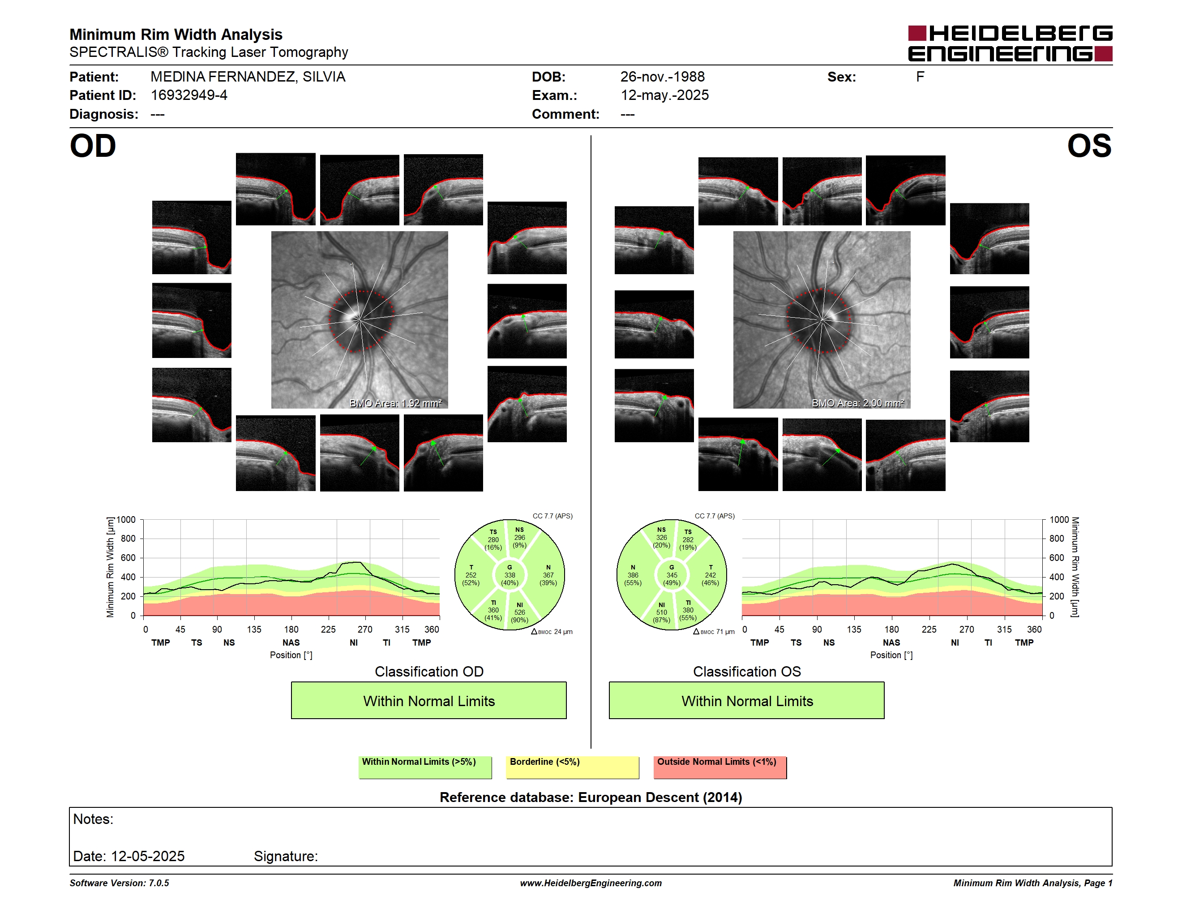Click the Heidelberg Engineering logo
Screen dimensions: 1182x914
coord(1010,43)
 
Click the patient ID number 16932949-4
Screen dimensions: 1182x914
coord(189,95)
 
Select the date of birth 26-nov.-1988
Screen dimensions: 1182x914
coord(663,77)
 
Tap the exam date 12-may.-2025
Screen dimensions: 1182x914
coord(664,95)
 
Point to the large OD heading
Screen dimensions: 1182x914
coord(93,146)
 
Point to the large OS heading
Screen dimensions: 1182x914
coord(1089,146)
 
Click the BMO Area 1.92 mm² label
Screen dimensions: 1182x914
coord(396,403)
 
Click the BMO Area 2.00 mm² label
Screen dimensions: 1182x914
coord(858,403)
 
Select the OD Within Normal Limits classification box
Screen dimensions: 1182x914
coord(428,700)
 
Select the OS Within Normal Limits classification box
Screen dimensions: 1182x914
coord(747,700)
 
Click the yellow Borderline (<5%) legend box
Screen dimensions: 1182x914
coord(573,767)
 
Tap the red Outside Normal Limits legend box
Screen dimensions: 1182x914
coord(720,767)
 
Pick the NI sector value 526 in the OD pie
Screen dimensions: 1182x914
coord(519,612)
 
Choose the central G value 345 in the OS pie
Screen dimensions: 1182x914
coord(672,575)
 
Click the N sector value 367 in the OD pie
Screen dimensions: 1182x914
coord(548,575)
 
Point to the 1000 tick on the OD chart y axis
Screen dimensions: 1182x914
coord(126,520)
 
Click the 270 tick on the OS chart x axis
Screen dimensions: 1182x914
coord(967,629)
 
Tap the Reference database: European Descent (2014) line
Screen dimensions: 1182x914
coord(591,797)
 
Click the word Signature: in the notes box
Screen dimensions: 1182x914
coord(286,856)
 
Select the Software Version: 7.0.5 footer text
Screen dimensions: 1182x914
coord(119,883)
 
